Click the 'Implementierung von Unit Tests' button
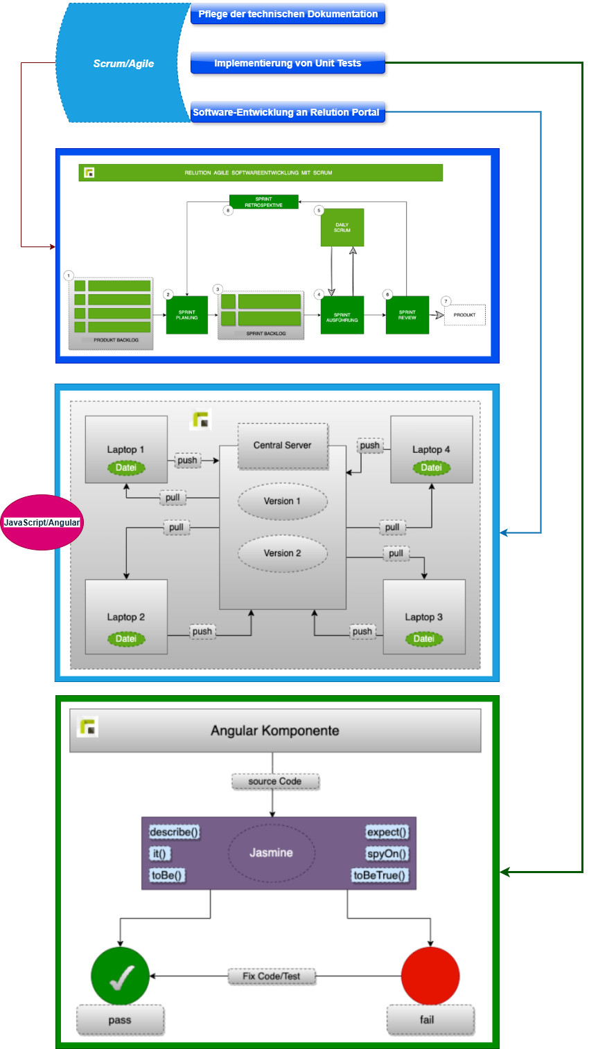click(288, 63)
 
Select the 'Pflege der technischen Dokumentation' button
click(288, 14)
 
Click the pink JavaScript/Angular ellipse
click(42, 523)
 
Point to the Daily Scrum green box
click(342, 227)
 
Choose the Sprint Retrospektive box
click(263, 201)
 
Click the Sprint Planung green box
click(187, 315)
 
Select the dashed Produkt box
click(465, 315)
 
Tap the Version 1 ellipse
click(282, 501)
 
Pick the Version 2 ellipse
click(282, 553)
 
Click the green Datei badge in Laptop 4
click(431, 468)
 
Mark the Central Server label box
click(282, 445)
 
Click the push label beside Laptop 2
click(202, 631)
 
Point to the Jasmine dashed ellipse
click(272, 853)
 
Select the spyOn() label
click(387, 854)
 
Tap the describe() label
click(175, 832)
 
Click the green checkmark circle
click(121, 976)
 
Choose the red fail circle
click(430, 976)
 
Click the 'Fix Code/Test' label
click(272, 976)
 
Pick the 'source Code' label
click(275, 782)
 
